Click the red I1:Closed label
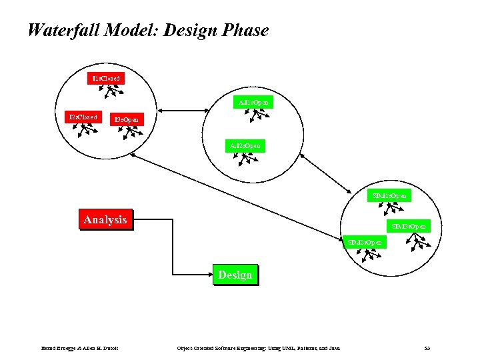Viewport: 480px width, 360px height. pyautogui.click(x=107, y=79)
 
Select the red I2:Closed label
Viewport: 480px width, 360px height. pyautogui.click(x=83, y=117)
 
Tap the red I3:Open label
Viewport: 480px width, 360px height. pyautogui.click(x=126, y=120)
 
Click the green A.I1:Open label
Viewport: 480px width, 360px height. pyautogui.click(x=254, y=103)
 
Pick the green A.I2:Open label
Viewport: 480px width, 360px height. pyautogui.click(x=245, y=145)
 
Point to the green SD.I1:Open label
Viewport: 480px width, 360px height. pyautogui.click(x=390, y=196)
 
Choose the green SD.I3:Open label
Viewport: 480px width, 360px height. pyautogui.click(x=409, y=227)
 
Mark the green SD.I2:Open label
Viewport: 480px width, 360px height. pyautogui.click(x=365, y=242)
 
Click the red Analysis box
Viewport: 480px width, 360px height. pyautogui.click(x=105, y=219)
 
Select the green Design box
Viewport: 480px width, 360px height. pyautogui.click(x=235, y=275)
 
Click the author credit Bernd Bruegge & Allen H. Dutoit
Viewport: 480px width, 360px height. pyautogui.click(x=80, y=348)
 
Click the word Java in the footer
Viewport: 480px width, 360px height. pyautogui.click(x=334, y=348)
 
